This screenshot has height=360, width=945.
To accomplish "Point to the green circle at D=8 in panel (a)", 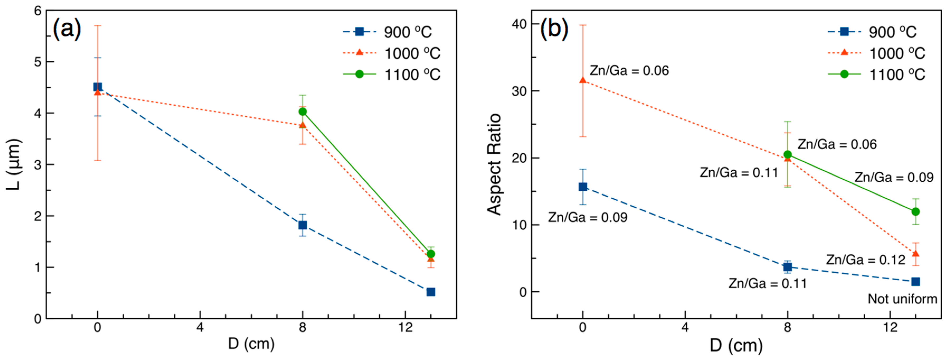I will (x=303, y=112).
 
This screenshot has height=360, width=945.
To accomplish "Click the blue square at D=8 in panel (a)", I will (x=303, y=225).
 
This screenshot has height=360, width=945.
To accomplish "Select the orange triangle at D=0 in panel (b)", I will (x=583, y=80).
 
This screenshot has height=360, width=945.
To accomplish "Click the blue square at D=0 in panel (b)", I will (x=583, y=187).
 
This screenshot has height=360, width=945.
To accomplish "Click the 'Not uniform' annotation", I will (x=902, y=299).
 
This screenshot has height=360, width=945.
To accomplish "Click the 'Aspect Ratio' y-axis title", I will (x=494, y=164).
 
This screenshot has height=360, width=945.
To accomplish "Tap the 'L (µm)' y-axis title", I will (x=14, y=164).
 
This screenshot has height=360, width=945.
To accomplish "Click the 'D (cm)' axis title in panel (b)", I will (x=736, y=345).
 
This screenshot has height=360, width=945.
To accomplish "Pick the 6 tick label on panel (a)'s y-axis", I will (x=38, y=11).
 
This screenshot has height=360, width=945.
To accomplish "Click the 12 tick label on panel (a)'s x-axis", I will (x=405, y=327).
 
